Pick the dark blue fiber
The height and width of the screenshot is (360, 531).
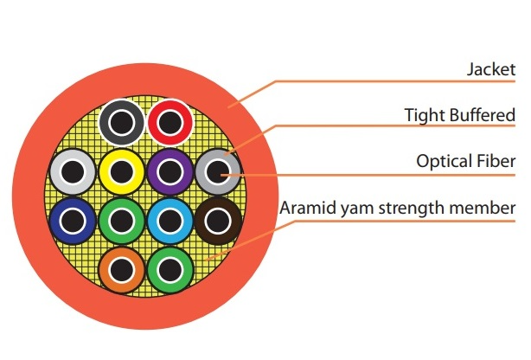tap(72, 219)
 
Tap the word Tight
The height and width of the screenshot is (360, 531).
tap(424, 114)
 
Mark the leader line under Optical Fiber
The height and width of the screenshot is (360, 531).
tap(389, 175)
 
